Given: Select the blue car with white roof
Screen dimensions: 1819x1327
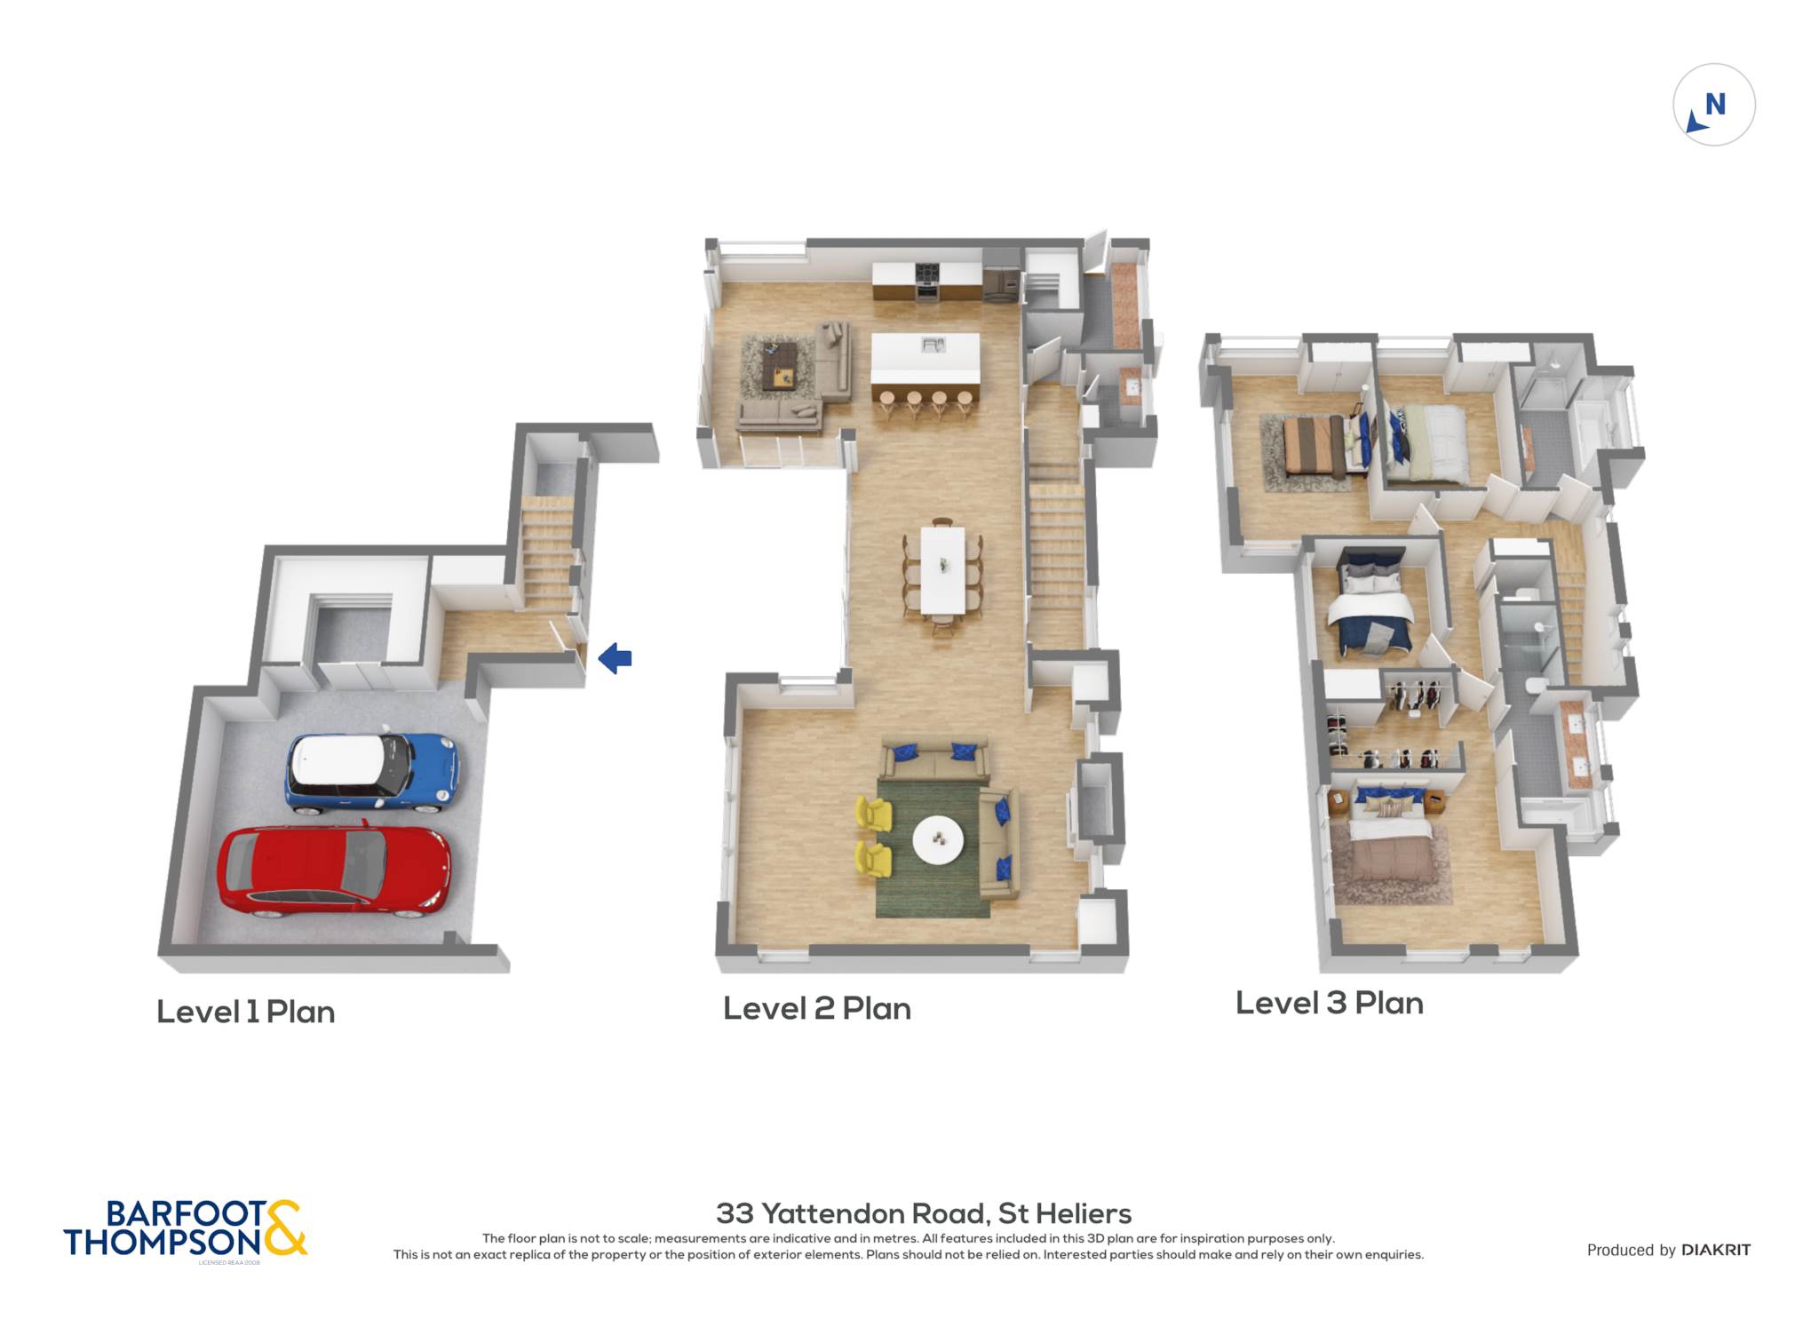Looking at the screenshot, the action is point(371,772).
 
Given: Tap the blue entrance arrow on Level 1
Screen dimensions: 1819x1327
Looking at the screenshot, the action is point(615,659).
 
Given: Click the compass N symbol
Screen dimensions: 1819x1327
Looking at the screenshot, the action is point(1715,105).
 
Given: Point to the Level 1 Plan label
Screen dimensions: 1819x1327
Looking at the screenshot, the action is point(246,1012).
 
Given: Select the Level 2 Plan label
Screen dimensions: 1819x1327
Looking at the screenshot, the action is point(817,1008).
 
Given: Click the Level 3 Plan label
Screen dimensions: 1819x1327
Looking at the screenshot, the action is point(1330,1003).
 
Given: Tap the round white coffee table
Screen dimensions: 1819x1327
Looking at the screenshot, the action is point(938,838).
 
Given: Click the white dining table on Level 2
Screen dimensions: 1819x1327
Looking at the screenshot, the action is point(942,569).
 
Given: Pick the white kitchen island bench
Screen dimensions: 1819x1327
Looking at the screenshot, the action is point(925,358).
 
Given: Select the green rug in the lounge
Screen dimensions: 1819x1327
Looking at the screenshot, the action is point(933,848).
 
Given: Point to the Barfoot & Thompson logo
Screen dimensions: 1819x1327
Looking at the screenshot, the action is point(185,1229).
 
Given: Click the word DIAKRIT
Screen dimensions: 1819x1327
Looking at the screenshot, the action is point(1716,1250).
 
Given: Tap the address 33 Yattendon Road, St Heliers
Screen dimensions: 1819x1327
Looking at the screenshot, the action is point(924,1213).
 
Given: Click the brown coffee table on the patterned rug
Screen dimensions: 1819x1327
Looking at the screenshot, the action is point(781,364).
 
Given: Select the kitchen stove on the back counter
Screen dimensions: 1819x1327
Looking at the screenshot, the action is point(926,282).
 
